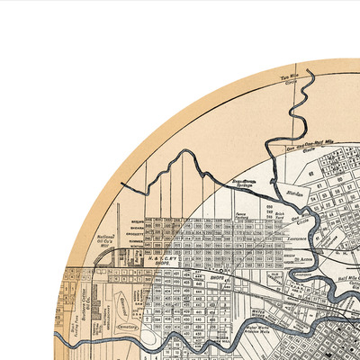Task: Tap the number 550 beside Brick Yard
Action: click(x=270, y=207)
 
